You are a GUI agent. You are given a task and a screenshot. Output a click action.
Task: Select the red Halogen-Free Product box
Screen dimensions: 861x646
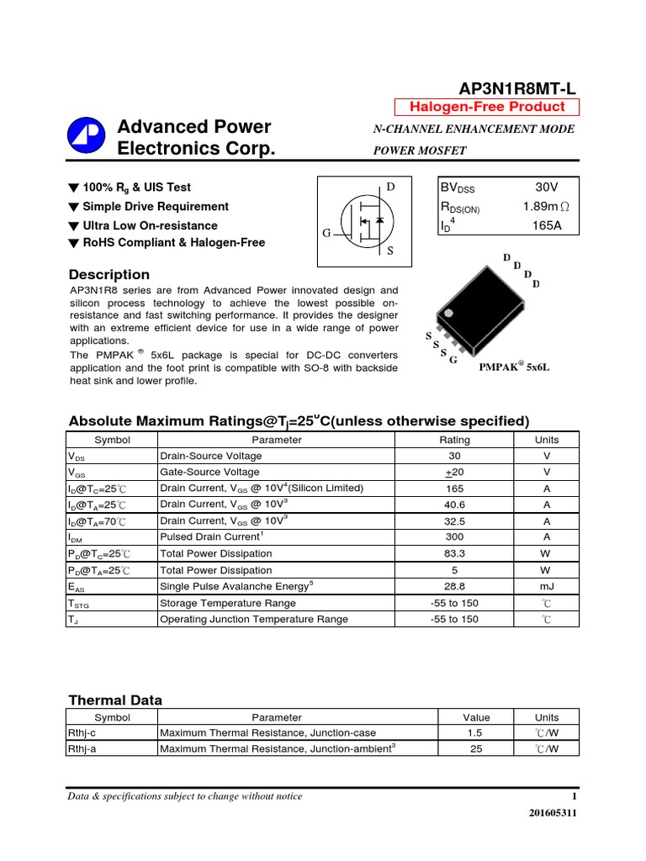coord(487,107)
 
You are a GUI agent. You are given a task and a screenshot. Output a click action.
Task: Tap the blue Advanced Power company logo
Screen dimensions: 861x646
coord(86,137)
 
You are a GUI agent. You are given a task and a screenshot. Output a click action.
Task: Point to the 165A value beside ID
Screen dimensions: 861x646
coord(546,225)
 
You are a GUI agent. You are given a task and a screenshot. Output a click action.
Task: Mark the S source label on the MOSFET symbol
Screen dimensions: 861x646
coord(389,251)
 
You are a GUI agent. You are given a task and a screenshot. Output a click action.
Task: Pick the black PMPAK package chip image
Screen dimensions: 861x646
coord(479,314)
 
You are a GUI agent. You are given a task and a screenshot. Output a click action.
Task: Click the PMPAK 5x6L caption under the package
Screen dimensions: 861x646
coord(514,367)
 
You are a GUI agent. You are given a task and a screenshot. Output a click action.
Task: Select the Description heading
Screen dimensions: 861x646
coord(109,275)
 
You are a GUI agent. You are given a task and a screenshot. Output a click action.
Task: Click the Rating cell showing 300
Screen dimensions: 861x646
coord(455,537)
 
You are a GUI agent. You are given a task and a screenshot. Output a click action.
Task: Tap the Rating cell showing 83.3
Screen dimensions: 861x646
coord(455,554)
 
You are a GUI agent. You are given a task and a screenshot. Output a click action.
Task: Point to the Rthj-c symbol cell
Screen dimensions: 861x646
coord(82,733)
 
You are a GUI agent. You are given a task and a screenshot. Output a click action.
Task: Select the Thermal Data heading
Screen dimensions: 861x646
coord(114,700)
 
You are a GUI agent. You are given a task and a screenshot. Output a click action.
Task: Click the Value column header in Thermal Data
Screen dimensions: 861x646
coord(476,717)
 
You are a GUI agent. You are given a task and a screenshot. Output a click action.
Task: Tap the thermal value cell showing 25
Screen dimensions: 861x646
coord(476,749)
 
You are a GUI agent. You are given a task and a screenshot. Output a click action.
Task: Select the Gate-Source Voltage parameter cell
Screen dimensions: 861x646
coord(211,472)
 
